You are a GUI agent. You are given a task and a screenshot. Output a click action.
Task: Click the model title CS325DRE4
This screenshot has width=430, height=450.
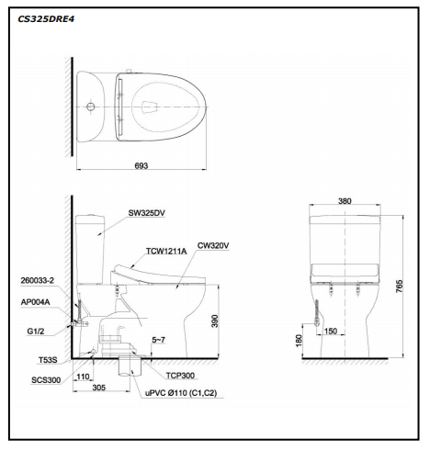coord(46,19)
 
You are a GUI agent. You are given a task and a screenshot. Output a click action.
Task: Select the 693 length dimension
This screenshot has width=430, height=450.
coord(141,165)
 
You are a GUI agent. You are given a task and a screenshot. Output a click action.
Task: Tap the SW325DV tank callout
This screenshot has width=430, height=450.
coord(147,213)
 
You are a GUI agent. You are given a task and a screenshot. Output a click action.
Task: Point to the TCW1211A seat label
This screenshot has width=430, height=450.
coord(166,252)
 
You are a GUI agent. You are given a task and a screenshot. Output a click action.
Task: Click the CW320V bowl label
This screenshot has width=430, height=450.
coord(213,245)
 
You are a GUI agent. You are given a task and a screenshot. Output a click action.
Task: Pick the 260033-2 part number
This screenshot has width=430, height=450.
coord(38,280)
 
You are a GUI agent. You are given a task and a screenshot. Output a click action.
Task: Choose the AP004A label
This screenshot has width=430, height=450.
coord(35,302)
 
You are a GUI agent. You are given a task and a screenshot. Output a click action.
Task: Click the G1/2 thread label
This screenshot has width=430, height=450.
coord(36,332)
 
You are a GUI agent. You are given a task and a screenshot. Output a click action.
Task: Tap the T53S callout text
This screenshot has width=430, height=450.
coord(48,360)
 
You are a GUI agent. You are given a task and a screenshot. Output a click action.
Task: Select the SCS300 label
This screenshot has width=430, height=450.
coord(46,380)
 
